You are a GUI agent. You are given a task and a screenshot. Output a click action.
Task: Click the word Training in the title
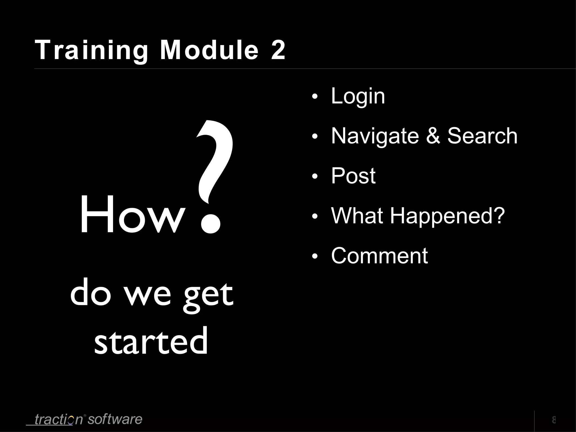click(x=91, y=51)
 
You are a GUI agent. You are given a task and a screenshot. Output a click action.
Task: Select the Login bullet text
click(x=358, y=97)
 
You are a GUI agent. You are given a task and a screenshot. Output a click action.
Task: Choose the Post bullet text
click(x=353, y=176)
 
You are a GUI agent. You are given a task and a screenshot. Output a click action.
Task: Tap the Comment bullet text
click(x=379, y=256)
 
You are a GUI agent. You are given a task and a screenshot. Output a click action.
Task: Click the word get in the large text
click(x=208, y=295)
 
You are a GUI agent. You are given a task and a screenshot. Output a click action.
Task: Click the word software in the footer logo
click(x=115, y=419)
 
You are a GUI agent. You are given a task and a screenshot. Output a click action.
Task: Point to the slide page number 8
click(x=554, y=420)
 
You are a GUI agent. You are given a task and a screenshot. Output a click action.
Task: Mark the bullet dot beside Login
click(x=315, y=97)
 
